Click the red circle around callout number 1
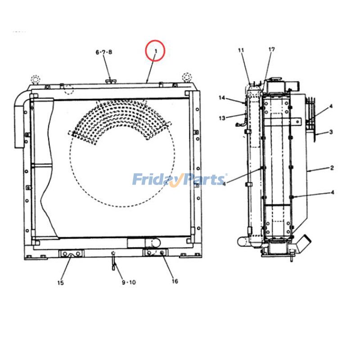coord(155,50)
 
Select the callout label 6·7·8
coord(103,52)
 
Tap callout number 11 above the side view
coord(241,50)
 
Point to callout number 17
coord(271,49)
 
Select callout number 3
coord(331,132)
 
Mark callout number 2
coord(332,168)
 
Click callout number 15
coord(60,283)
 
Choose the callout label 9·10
coord(129,282)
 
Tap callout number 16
coord(175,281)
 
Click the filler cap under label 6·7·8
coord(111,81)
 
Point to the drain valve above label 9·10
coord(114,261)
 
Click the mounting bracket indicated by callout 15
coord(71,254)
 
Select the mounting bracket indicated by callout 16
coord(155,253)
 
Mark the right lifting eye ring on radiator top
coord(186,76)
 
